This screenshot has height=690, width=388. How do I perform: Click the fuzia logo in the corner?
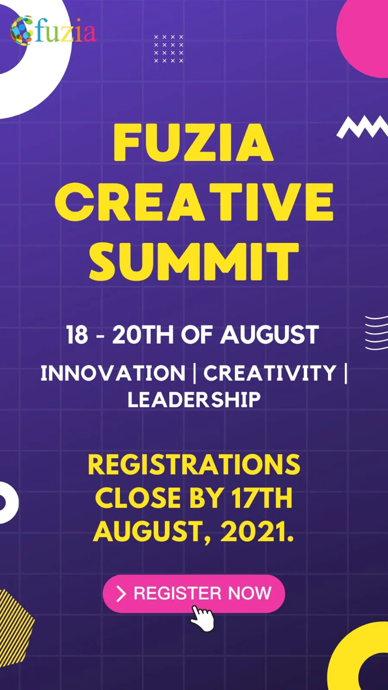coord(53,31)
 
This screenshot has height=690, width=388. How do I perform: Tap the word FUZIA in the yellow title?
coord(193,143)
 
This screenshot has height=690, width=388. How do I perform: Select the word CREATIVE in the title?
coord(194,202)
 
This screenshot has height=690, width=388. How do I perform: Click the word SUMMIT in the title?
coord(194,261)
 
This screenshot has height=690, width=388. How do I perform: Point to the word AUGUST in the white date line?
coord(269,334)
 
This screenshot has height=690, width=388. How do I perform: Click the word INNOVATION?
coord(113,373)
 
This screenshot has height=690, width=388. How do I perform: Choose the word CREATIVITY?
coord(270,373)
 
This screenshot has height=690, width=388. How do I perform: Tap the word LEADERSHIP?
coord(194,400)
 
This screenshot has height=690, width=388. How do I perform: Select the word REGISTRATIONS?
coord(194,464)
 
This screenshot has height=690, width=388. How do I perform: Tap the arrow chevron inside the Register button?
coord(121,594)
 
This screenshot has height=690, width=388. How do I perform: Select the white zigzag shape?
coord(362,127)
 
